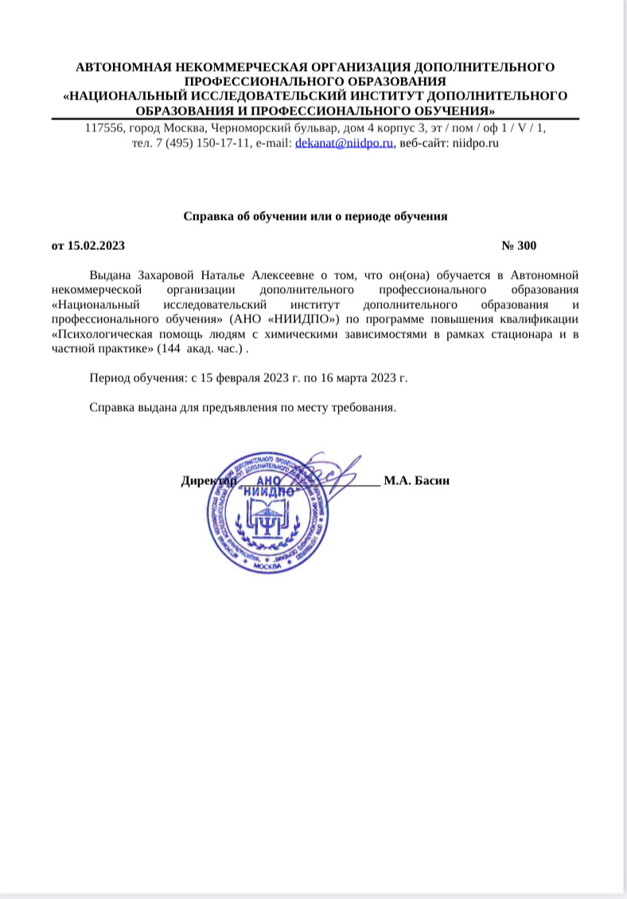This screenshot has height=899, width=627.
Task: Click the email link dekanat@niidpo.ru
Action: (345, 144)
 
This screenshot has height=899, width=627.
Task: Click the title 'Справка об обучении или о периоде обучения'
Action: (316, 215)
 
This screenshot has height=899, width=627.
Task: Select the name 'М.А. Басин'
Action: (416, 480)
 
